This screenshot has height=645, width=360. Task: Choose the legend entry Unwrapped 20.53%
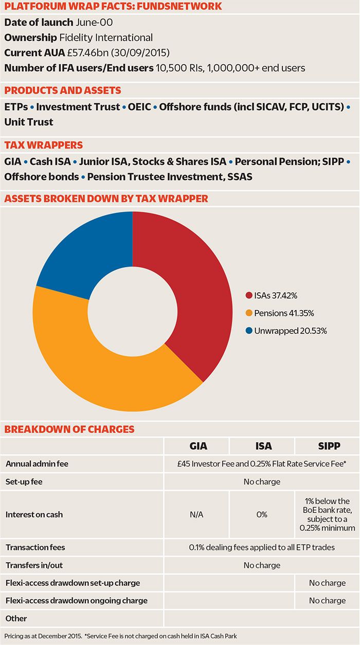tap(286, 330)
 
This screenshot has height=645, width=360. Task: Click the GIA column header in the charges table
tap(196, 445)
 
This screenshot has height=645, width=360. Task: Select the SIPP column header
tap(327, 445)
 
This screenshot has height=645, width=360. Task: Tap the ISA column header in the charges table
tap(262, 445)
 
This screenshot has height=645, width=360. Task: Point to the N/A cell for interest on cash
tap(196, 514)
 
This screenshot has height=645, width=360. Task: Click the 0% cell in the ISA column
tap(262, 514)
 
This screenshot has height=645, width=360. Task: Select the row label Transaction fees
tap(35, 547)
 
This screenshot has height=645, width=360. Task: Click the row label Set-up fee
tap(26, 482)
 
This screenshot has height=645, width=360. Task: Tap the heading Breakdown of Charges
tap(69, 429)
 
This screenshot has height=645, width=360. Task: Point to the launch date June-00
tap(94, 23)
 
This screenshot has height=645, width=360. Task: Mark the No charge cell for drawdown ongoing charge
tap(327, 600)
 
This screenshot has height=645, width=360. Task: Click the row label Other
tap(16, 618)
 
